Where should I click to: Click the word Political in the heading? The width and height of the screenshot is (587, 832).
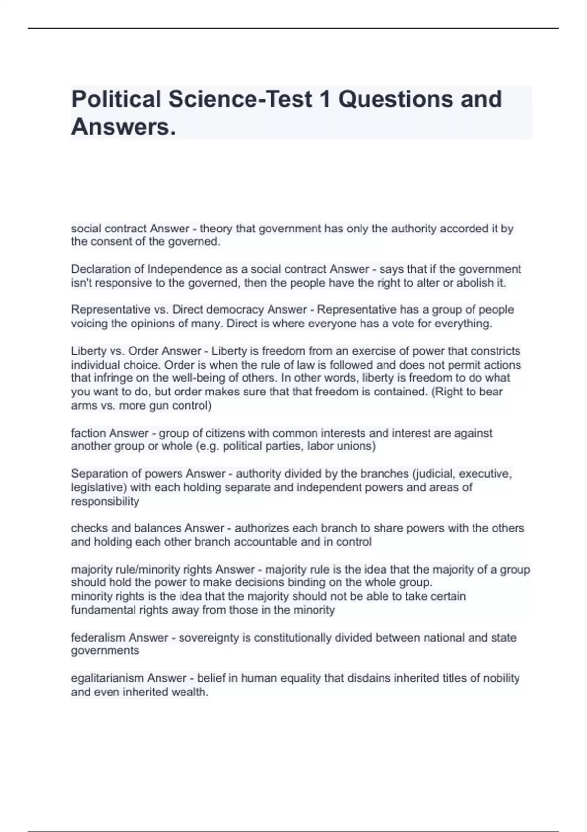(x=116, y=99)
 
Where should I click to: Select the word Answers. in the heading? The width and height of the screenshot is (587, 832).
(x=123, y=127)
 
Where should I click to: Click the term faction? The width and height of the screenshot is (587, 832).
(x=89, y=433)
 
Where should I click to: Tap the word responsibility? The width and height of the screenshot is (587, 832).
(x=105, y=501)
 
